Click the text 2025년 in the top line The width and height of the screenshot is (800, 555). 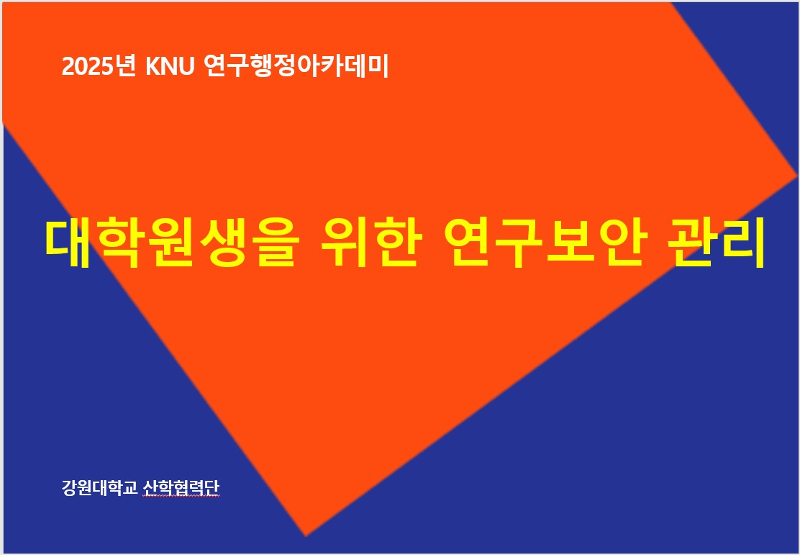coord(99,66)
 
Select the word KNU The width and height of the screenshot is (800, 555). coord(171,66)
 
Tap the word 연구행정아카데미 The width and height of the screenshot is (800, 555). coord(296,66)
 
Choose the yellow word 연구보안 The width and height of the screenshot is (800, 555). coord(545,243)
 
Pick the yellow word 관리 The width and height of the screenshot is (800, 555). coord(717,243)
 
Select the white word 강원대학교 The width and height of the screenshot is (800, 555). coord(100,487)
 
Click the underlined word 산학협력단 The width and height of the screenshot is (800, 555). coord(181,487)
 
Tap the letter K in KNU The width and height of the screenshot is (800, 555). coord(153,67)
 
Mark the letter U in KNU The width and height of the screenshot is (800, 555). coord(187,67)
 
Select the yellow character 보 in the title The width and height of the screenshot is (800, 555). coord(571,243)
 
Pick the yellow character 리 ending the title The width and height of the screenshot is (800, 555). coord(742,243)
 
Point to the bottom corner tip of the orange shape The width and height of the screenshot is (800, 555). coord(306,536)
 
